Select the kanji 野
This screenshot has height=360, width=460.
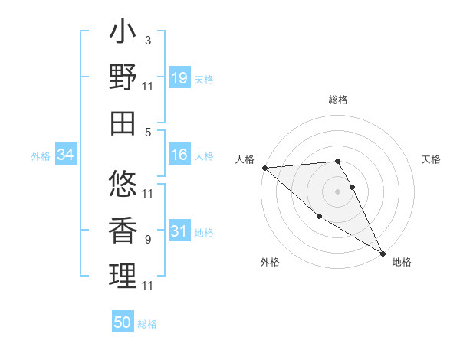pyautogui.click(x=123, y=77)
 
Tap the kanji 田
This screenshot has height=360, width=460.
pyautogui.click(x=123, y=123)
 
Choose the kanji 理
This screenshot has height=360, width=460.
pyautogui.click(x=123, y=276)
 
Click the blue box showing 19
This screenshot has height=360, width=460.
pyautogui.click(x=179, y=77)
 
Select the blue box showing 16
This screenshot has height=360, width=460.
pyautogui.click(x=179, y=155)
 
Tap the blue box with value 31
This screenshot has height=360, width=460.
pyautogui.click(x=179, y=231)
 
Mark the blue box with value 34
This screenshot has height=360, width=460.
pyautogui.click(x=65, y=155)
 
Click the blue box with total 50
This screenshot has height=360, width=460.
pyautogui.click(x=123, y=322)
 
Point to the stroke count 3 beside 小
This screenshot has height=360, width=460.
pyautogui.click(x=147, y=40)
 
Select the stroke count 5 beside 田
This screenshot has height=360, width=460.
pyautogui.click(x=147, y=132)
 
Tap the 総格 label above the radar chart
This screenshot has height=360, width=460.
pyautogui.click(x=338, y=100)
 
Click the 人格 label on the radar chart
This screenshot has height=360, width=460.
pyautogui.click(x=245, y=159)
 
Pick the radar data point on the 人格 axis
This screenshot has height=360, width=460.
pyautogui.click(x=264, y=168)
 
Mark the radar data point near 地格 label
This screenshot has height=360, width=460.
pyautogui.click(x=383, y=253)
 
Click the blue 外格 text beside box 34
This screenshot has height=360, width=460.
pyautogui.click(x=41, y=156)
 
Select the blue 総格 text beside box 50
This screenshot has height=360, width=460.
pyautogui.click(x=147, y=324)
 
